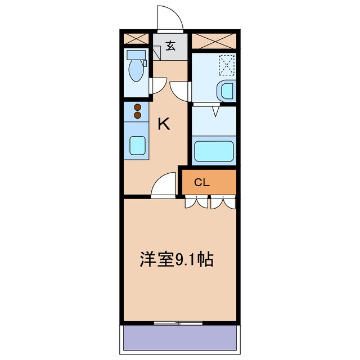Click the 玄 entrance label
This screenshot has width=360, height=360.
pyautogui.click(x=170, y=46)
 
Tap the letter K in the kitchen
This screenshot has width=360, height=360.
pyautogui.click(x=164, y=124)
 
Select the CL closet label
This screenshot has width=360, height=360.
pyautogui.click(x=202, y=182)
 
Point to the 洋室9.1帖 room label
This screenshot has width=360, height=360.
pyautogui.click(x=176, y=260)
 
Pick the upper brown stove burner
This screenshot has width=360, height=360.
pyautogui.click(x=137, y=107)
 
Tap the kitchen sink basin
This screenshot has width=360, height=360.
pyautogui.click(x=137, y=145)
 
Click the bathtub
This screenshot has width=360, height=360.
pyautogui.click(x=214, y=151)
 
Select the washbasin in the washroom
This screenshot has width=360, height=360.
pyautogui.click(x=227, y=91)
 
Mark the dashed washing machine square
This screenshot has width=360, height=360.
pyautogui.click(x=227, y=65)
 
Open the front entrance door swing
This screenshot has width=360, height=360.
pyautogui.click(x=170, y=19)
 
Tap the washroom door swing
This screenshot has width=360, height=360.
pyautogui.click(x=181, y=91)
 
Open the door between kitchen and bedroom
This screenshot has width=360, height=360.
pyautogui.click(x=164, y=186)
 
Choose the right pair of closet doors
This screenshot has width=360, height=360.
pyautogui.click(x=223, y=202)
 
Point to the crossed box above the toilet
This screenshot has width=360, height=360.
pyautogui.click(x=136, y=39)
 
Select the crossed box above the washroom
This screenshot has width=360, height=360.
pyautogui.click(x=214, y=40)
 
